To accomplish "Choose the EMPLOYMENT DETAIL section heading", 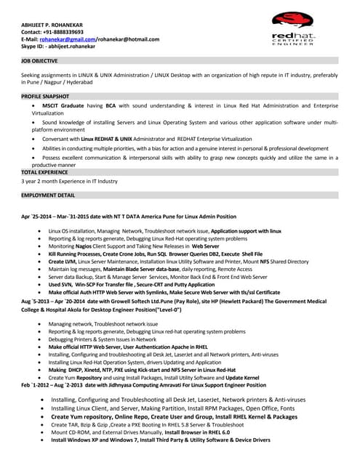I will click(x=48, y=195).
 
